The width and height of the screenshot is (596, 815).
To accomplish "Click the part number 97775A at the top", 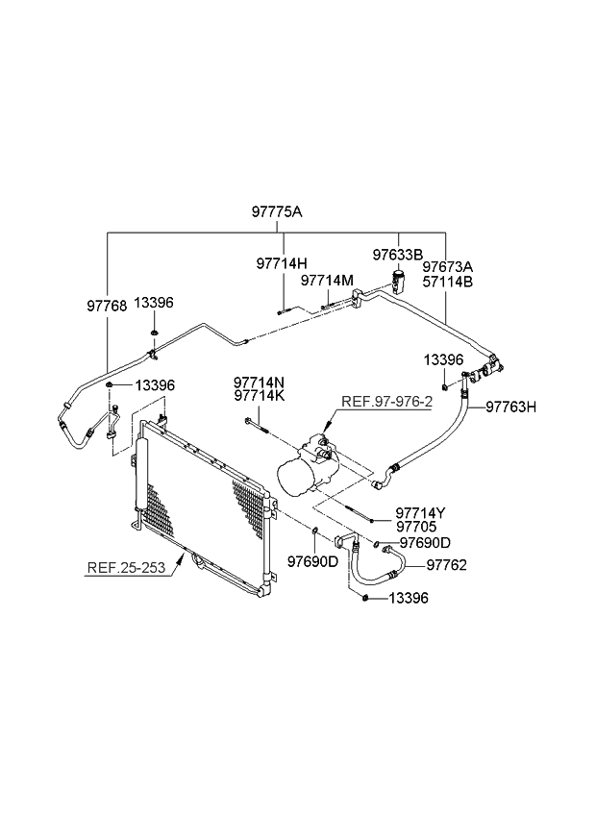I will click(278, 211).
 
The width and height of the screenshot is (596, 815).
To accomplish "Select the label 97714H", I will click(282, 262).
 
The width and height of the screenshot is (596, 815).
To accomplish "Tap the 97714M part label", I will click(327, 281).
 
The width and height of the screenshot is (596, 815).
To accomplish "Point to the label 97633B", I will click(397, 255).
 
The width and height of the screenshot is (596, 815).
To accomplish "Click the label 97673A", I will click(449, 265).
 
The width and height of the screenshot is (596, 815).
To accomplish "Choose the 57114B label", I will click(449, 282).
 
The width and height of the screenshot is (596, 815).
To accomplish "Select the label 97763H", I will click(510, 407).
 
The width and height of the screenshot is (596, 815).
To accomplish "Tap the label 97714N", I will click(258, 382).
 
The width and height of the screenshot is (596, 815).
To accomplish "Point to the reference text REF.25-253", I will click(128, 567).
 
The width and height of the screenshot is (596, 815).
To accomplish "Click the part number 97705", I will click(415, 528).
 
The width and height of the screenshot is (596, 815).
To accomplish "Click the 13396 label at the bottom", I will click(408, 598).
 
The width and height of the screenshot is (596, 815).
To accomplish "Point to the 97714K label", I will click(258, 396).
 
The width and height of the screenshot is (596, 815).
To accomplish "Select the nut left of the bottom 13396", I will click(366, 598).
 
